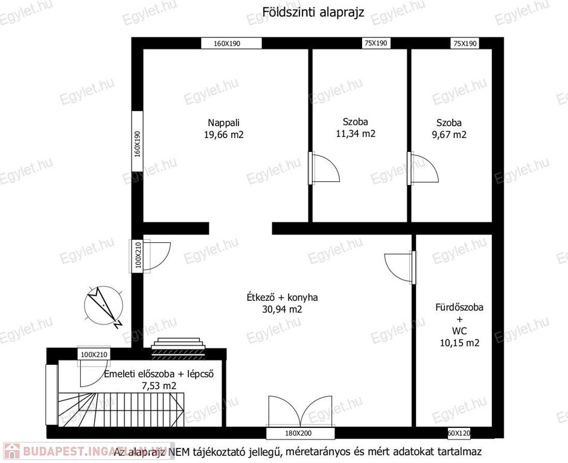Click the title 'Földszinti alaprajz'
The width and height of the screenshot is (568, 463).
coord(313,12)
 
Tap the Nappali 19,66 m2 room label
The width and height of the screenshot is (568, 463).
coord(224,128)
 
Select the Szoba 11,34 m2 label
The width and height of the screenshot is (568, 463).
coord(356,128)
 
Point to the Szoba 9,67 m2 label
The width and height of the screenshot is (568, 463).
coord(449,128)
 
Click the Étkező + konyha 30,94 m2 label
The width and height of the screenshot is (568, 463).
coord(282,303)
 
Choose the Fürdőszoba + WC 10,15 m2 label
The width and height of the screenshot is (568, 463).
coord(459,325)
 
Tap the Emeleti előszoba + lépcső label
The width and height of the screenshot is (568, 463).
coord(159,379)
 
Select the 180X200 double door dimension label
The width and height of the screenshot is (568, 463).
coord(298,433)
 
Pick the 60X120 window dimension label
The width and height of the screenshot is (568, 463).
coord(459,433)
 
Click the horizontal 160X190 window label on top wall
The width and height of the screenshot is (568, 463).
coord(231,43)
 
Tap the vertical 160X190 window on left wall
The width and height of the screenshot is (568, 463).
coord(137,141)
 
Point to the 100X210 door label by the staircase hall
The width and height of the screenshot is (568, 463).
coord(94,354)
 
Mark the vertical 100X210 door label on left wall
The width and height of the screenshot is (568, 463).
coord(138,256)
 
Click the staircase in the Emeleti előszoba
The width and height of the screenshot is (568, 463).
coord(122,409)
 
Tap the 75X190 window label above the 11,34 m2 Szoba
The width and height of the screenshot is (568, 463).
coord(375,43)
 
